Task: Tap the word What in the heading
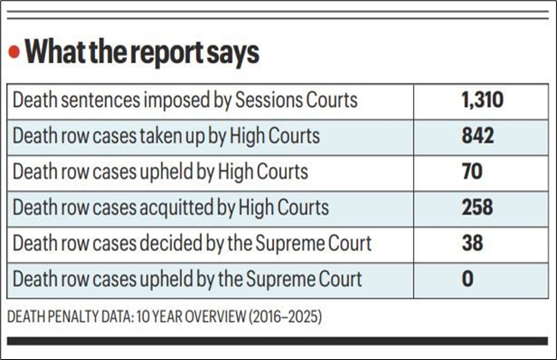point(53,52)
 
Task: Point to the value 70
point(471,172)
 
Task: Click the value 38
point(471,243)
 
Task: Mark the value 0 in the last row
point(466,278)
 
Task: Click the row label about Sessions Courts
point(185,102)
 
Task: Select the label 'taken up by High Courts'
point(167,137)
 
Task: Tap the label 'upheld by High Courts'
point(159,172)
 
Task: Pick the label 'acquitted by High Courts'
point(170,207)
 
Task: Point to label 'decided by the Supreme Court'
point(193,243)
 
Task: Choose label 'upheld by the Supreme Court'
point(187,278)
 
